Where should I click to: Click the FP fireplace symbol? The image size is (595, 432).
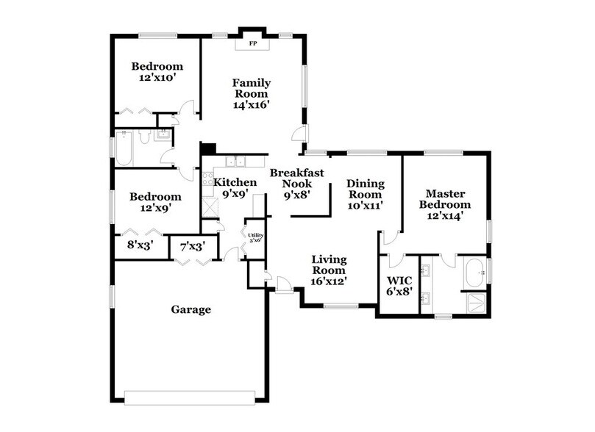(252, 43)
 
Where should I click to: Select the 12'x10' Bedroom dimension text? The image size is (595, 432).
(156, 76)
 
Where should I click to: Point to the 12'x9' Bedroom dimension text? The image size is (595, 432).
(155, 208)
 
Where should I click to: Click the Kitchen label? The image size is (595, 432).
(235, 182)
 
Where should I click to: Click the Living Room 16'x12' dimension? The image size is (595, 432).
(328, 280)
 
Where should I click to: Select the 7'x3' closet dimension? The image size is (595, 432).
(188, 247)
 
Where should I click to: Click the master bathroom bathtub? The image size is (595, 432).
(474, 273)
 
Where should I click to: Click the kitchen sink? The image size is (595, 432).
(235, 162)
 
